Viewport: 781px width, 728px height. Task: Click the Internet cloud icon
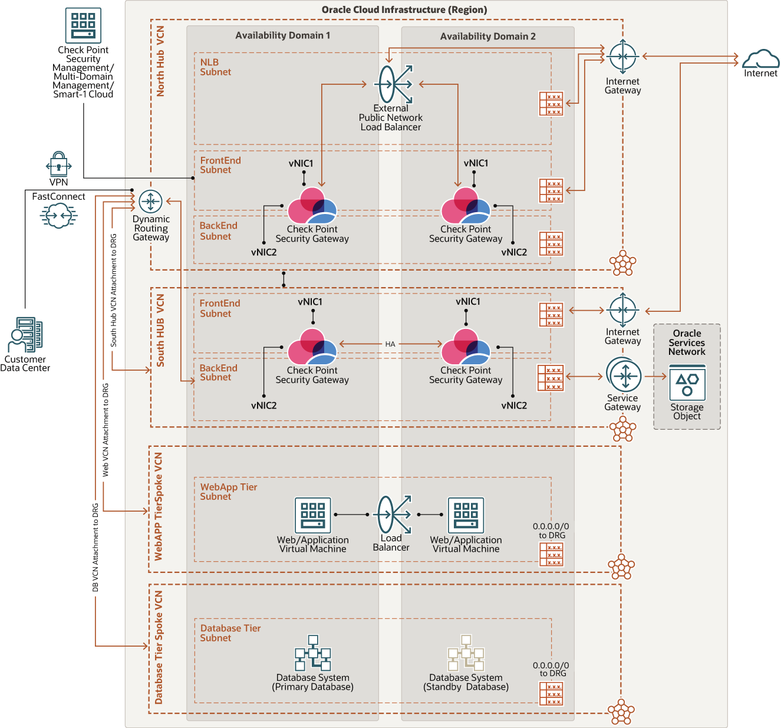click(760, 59)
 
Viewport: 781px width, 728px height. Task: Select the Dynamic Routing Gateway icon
click(150, 202)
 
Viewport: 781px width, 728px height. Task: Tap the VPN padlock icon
click(58, 164)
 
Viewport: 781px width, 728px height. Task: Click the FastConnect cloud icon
click(58, 215)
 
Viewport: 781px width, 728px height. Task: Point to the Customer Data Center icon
click(25, 335)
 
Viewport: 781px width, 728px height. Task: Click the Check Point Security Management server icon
click(83, 25)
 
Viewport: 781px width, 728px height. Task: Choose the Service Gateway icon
click(623, 375)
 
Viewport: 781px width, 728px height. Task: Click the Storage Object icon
click(687, 383)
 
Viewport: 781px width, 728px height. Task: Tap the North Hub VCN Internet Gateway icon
click(622, 57)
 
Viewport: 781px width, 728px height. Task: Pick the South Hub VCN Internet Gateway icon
click(622, 310)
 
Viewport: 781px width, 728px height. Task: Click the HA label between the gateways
click(390, 344)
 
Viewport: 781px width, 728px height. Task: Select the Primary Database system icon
click(313, 653)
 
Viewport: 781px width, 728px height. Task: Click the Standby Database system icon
click(466, 653)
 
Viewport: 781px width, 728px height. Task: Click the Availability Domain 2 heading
click(487, 37)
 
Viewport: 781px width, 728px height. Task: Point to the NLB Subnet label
click(215, 67)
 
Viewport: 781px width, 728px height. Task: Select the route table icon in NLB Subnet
click(551, 104)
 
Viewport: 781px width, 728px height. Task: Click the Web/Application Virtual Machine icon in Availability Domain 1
click(313, 515)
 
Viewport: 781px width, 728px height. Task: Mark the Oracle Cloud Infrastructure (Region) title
click(404, 10)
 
